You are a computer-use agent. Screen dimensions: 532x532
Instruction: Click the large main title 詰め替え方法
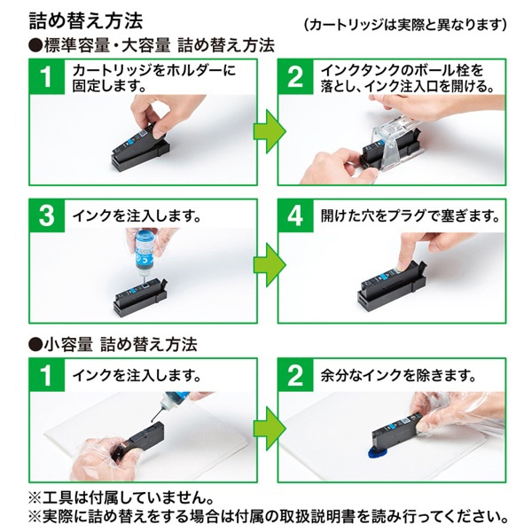(x=85, y=18)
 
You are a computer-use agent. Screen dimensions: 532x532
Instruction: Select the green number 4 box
(x=295, y=216)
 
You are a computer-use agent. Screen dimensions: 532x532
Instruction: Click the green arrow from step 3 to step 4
(x=266, y=264)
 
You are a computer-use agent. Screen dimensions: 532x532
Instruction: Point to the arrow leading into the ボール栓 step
(x=266, y=131)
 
